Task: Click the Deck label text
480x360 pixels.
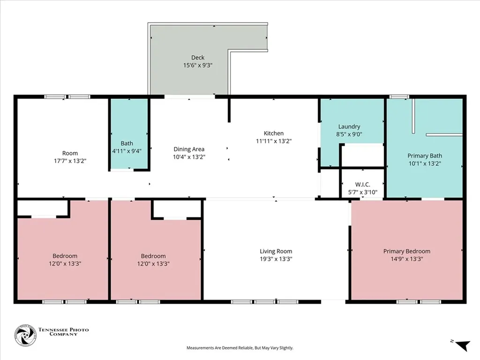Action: pyautogui.click(x=198, y=58)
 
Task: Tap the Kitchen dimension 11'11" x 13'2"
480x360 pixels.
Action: pyautogui.click(x=273, y=141)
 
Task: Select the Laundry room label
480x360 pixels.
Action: pyautogui.click(x=349, y=127)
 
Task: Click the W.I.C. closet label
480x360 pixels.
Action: pyautogui.click(x=363, y=185)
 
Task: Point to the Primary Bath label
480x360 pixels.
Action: pyautogui.click(x=424, y=156)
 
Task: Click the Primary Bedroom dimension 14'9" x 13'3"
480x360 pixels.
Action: pyautogui.click(x=406, y=259)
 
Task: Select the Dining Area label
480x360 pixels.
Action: pyautogui.click(x=189, y=149)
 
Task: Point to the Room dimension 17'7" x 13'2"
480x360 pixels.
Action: pyautogui.click(x=70, y=161)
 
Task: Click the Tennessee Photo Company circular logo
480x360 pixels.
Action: pyautogui.click(x=25, y=336)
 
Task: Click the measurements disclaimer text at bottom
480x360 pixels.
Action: pyautogui.click(x=240, y=348)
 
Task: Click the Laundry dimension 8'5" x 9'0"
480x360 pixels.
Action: pyautogui.click(x=349, y=134)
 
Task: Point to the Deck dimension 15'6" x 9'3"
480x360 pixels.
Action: pyautogui.click(x=198, y=66)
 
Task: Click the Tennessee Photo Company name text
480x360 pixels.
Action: pyautogui.click(x=63, y=332)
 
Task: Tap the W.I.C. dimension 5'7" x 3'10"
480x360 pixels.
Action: pyautogui.click(x=363, y=192)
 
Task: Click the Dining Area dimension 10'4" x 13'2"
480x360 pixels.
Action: pyautogui.click(x=189, y=157)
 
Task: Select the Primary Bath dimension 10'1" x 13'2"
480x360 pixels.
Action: pyautogui.click(x=424, y=164)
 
